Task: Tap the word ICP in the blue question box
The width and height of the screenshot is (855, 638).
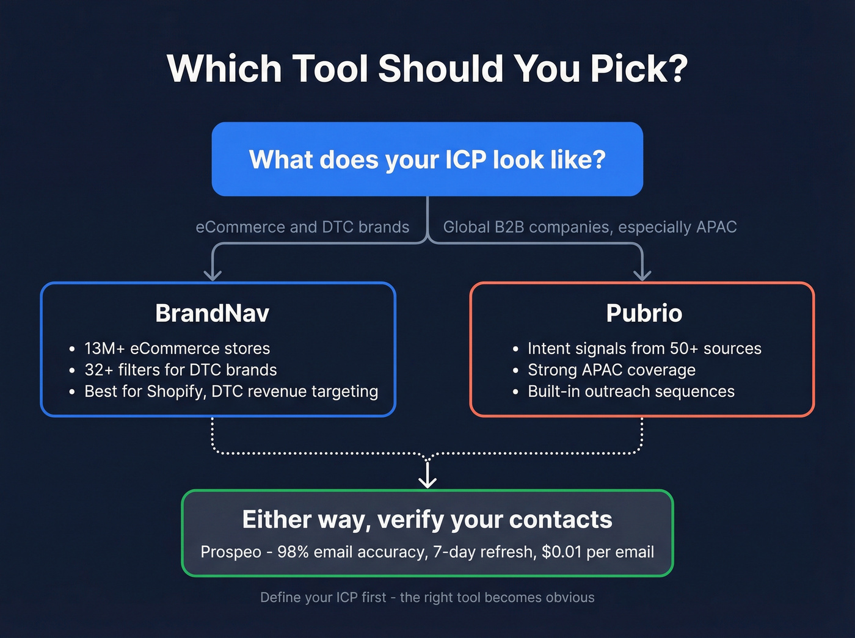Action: [x=465, y=160]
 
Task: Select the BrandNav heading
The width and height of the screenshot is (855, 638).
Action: [x=212, y=313]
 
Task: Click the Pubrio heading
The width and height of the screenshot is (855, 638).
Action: [x=644, y=313]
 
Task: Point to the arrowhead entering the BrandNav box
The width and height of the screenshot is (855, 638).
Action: [x=213, y=275]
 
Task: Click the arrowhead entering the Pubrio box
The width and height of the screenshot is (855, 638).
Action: [x=642, y=275]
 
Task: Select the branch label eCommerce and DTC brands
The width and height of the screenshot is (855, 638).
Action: [x=302, y=227]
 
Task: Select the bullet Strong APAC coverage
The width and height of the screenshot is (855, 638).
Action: [x=611, y=370]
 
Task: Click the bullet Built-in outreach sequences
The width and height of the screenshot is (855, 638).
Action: [x=631, y=391]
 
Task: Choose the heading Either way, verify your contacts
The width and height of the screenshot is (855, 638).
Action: [x=428, y=520]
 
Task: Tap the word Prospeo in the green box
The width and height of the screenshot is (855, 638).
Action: [x=231, y=552]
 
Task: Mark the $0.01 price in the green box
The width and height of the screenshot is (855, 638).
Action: [x=561, y=552]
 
